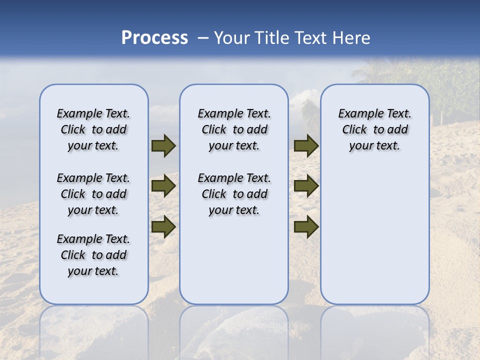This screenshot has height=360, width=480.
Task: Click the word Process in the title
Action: tap(154, 38)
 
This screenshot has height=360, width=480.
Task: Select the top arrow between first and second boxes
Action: tap(163, 146)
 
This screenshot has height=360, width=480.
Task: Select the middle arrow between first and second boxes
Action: tap(163, 186)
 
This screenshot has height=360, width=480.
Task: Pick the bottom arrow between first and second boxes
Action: tap(163, 226)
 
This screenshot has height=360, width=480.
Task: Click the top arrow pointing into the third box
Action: tap(306, 146)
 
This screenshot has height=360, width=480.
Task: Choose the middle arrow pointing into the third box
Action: tap(306, 186)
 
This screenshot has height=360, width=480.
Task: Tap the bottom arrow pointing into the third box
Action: tap(306, 226)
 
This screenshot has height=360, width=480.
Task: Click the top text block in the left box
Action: tap(93, 129)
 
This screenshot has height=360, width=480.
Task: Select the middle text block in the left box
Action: tap(93, 194)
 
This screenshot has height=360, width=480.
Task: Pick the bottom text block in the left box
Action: tap(93, 255)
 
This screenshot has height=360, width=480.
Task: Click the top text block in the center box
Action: tap(234, 129)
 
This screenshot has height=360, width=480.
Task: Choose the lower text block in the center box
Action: tap(234, 194)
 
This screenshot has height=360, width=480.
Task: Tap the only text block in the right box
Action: tap(375, 129)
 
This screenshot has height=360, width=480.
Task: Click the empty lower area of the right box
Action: tap(375, 235)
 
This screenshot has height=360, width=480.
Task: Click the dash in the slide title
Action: tap(203, 38)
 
